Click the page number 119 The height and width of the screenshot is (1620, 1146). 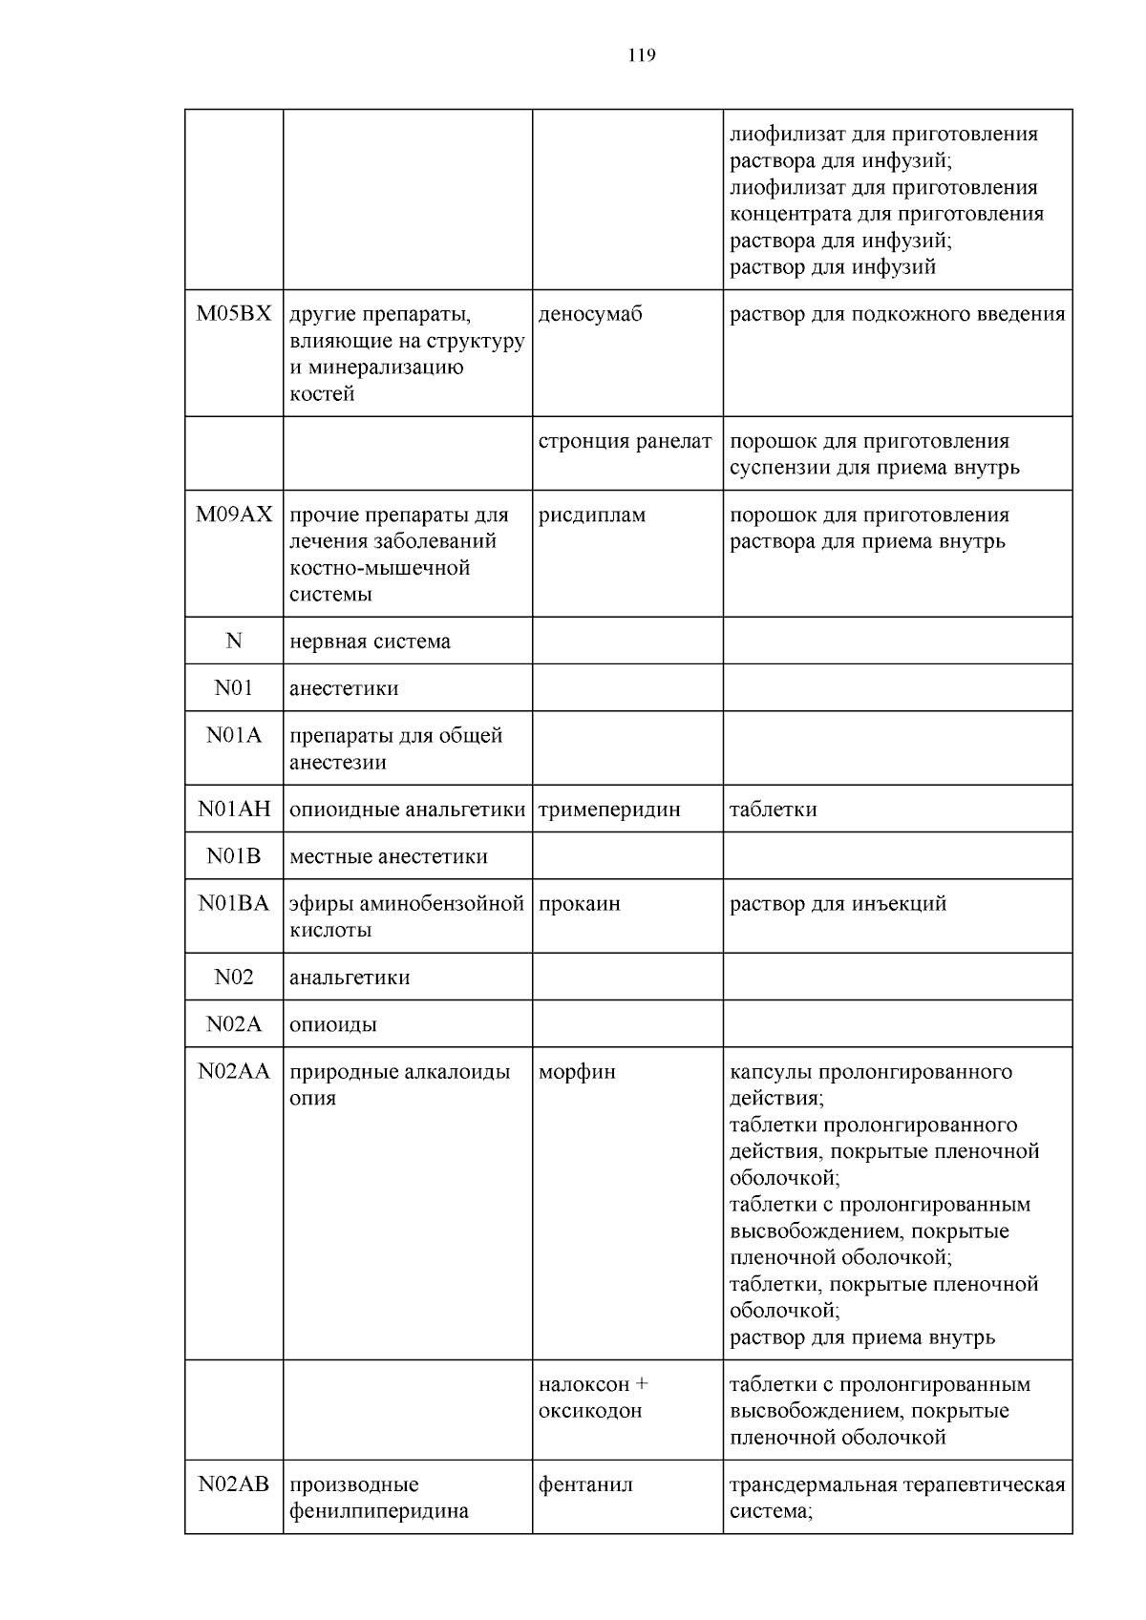click(x=642, y=55)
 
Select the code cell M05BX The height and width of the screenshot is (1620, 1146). click(x=234, y=314)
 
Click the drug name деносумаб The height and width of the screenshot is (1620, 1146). click(x=590, y=314)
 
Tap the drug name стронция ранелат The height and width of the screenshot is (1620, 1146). click(x=625, y=441)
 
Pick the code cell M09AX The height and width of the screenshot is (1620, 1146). click(x=234, y=515)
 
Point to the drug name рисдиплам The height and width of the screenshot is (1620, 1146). click(x=592, y=515)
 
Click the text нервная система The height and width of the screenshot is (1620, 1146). click(x=370, y=642)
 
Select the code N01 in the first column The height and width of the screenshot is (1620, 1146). click(x=234, y=688)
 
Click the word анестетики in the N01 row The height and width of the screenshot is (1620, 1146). click(x=344, y=688)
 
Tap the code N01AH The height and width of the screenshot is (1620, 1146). click(x=234, y=810)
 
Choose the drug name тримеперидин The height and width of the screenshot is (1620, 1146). click(x=609, y=810)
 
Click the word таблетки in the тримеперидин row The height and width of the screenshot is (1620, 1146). click(x=773, y=810)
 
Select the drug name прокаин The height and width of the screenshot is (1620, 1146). click(x=579, y=903)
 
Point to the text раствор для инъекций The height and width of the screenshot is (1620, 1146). click(x=838, y=903)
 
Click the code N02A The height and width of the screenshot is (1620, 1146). click(x=234, y=1024)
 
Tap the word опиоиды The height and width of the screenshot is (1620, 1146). click(x=332, y=1024)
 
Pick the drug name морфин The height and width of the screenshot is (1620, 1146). click(x=577, y=1071)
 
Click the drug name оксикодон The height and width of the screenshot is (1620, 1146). click(x=590, y=1410)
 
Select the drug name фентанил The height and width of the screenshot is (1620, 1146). click(x=585, y=1484)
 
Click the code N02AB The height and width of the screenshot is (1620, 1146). click(x=234, y=1484)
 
